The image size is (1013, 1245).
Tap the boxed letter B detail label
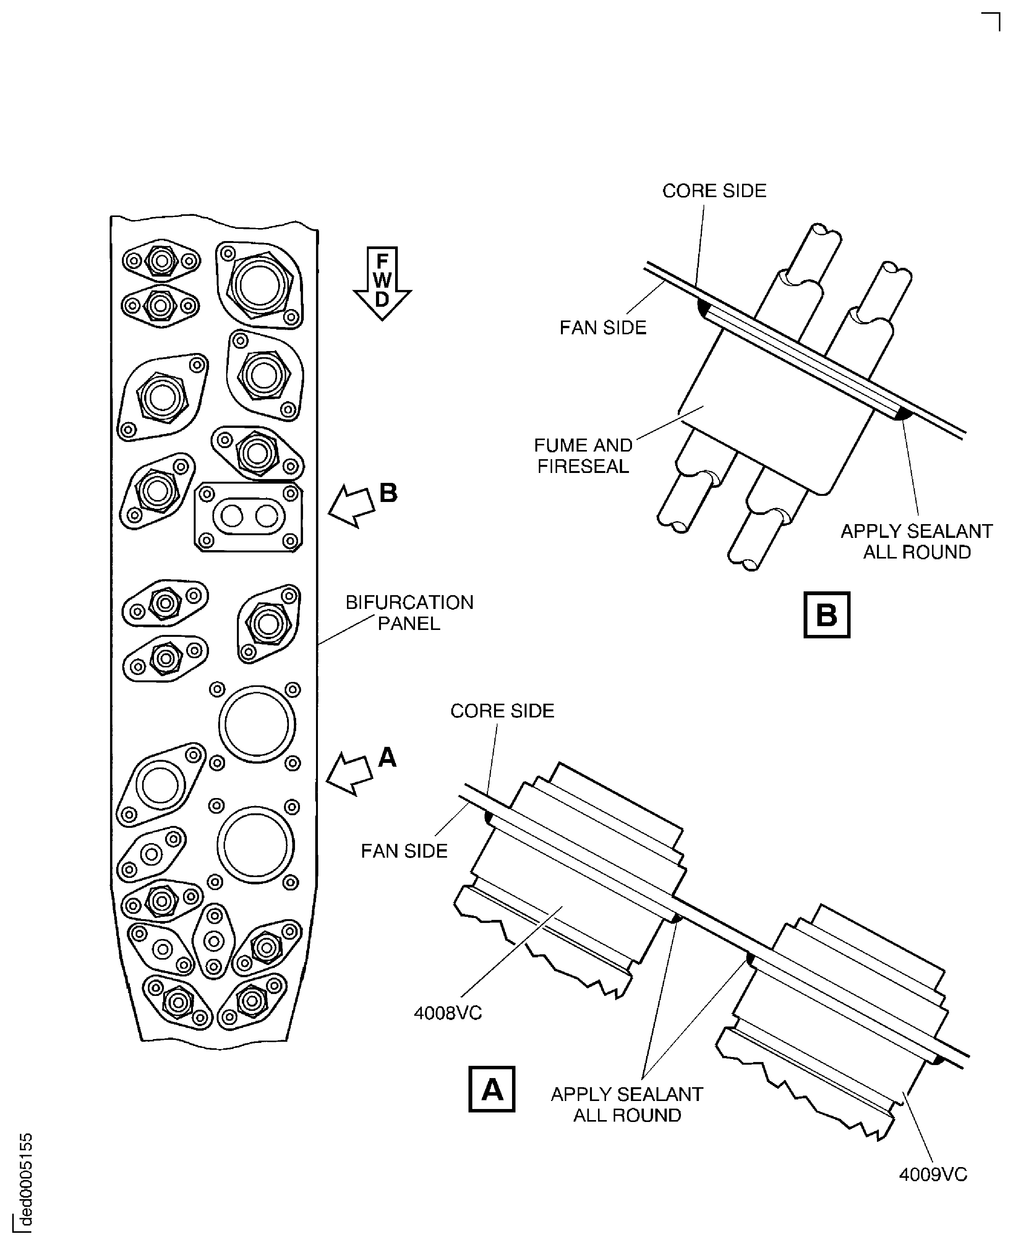(x=826, y=615)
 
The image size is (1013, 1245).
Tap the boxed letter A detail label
(x=491, y=1089)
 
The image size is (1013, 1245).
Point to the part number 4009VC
(x=932, y=1174)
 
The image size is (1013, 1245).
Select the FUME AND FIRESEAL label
(x=583, y=456)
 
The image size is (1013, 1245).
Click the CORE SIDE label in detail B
(x=714, y=191)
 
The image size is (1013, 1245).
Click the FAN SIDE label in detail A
(x=404, y=851)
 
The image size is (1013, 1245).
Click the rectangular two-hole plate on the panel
(x=249, y=517)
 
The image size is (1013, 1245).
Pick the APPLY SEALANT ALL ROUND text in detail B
(x=916, y=541)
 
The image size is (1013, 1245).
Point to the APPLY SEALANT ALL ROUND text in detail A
(x=627, y=1105)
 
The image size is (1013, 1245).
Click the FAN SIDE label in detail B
(x=603, y=328)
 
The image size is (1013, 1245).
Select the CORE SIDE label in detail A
(x=502, y=711)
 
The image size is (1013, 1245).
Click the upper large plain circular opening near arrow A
(x=257, y=724)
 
